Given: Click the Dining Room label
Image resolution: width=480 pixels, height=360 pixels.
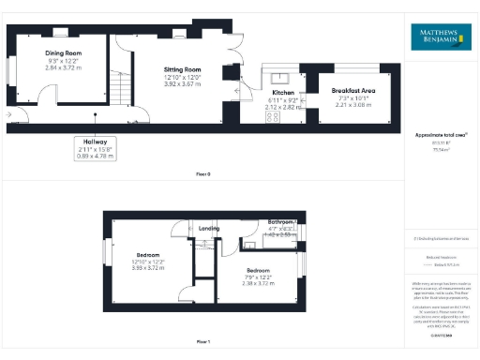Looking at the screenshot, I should pos(64,53).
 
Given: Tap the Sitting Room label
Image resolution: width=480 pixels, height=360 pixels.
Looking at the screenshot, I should pos(182,69).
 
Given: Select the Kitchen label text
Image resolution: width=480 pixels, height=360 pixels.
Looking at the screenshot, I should pos(283,94).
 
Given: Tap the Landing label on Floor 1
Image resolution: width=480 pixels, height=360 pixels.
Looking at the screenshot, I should pos(209,227).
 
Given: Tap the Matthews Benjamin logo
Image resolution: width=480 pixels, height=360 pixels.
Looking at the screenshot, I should pos(438,37).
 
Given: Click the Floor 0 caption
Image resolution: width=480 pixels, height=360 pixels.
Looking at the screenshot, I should pos(202,174).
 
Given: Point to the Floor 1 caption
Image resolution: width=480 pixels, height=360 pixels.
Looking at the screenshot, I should pos(202,342).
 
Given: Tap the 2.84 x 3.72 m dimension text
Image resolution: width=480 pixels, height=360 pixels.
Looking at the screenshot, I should pos(64,67).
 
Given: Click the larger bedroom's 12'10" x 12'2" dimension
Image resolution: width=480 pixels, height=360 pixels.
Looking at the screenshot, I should pos(149,262).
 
